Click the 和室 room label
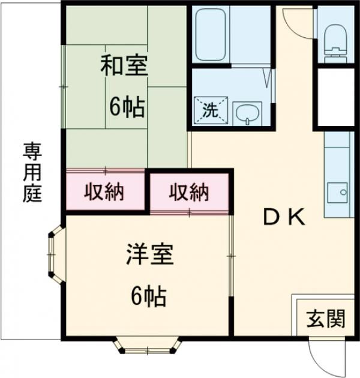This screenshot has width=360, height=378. pos(124,65)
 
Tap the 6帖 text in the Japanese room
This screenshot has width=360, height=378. pos(126,106)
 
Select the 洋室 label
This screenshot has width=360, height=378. pos(149,256)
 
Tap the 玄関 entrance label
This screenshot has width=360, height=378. pos(326,319)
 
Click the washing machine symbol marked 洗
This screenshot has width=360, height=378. pos(209,110)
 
